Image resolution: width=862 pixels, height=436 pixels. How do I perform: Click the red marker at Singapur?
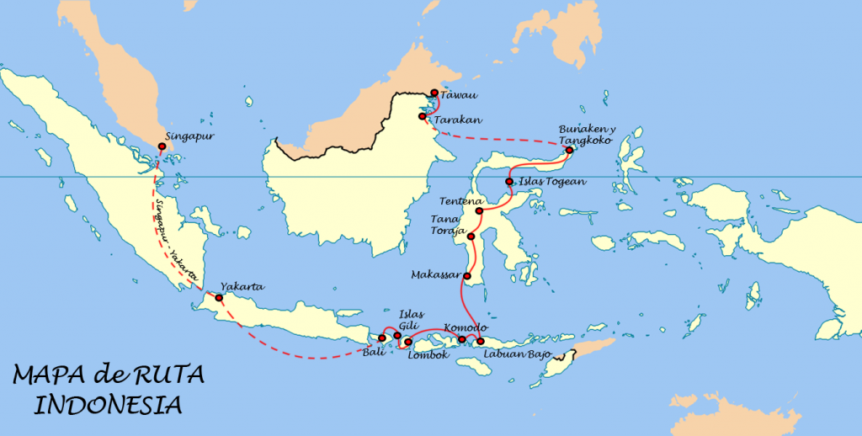click(162, 146)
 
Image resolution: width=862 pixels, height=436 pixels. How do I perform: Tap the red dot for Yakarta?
click(219, 298)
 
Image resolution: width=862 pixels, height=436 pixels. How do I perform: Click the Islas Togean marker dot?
click(508, 182)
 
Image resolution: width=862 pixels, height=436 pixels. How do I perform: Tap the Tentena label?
click(460, 202)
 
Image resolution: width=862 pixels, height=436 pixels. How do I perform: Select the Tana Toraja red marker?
click(471, 237)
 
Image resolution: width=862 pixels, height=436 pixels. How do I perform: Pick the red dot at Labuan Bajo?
click(480, 341)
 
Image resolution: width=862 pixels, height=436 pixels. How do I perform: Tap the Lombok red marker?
click(407, 342)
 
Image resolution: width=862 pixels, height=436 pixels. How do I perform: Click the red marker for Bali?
click(381, 339)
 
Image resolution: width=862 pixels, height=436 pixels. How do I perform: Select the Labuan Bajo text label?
click(517, 354)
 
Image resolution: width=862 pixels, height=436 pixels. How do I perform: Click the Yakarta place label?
click(242, 287)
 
